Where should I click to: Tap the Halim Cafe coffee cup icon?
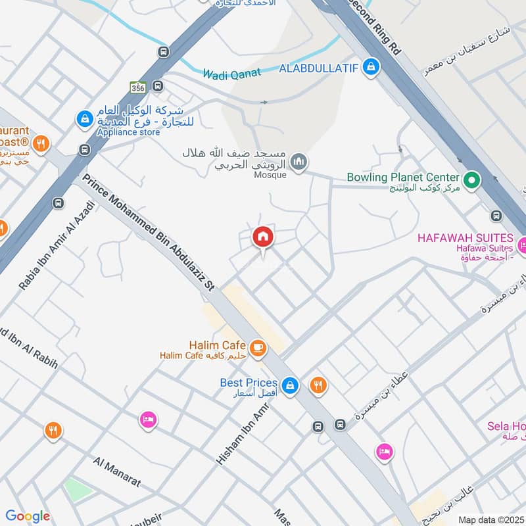[x=257, y=347]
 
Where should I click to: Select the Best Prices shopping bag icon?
[x=289, y=385]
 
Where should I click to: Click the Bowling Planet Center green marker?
[x=471, y=179]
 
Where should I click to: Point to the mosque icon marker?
[x=299, y=161]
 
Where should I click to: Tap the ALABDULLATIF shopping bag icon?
[x=371, y=67]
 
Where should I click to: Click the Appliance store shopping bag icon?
[x=84, y=119]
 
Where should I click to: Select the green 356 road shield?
[x=137, y=87]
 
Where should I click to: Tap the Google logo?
[x=28, y=516]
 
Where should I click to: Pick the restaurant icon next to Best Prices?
[x=318, y=385]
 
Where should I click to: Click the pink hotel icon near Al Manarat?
[x=149, y=419]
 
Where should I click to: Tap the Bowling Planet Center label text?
[x=403, y=178]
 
